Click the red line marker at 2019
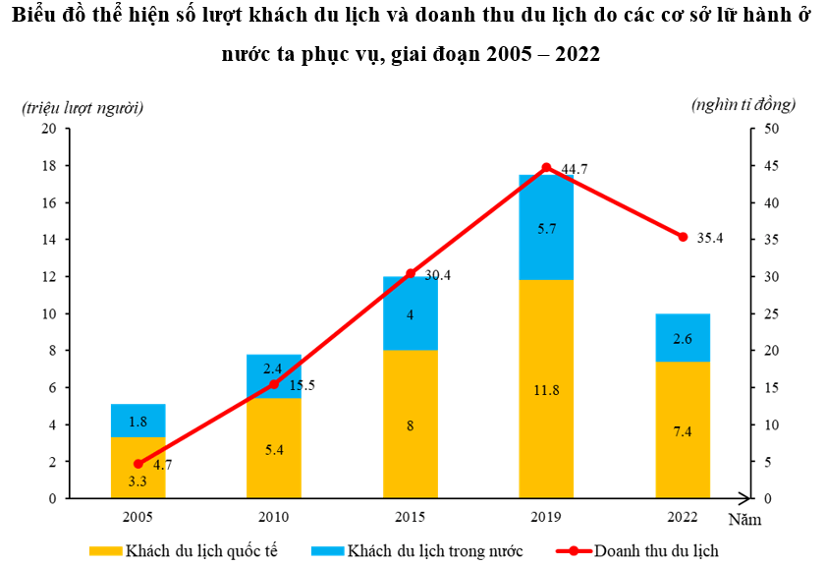pos(547,168)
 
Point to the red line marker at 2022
pos(683,237)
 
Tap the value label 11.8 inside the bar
pos(546,390)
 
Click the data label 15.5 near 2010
pos(302,385)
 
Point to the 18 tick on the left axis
pos(49,166)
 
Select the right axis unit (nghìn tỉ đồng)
pos(743,103)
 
